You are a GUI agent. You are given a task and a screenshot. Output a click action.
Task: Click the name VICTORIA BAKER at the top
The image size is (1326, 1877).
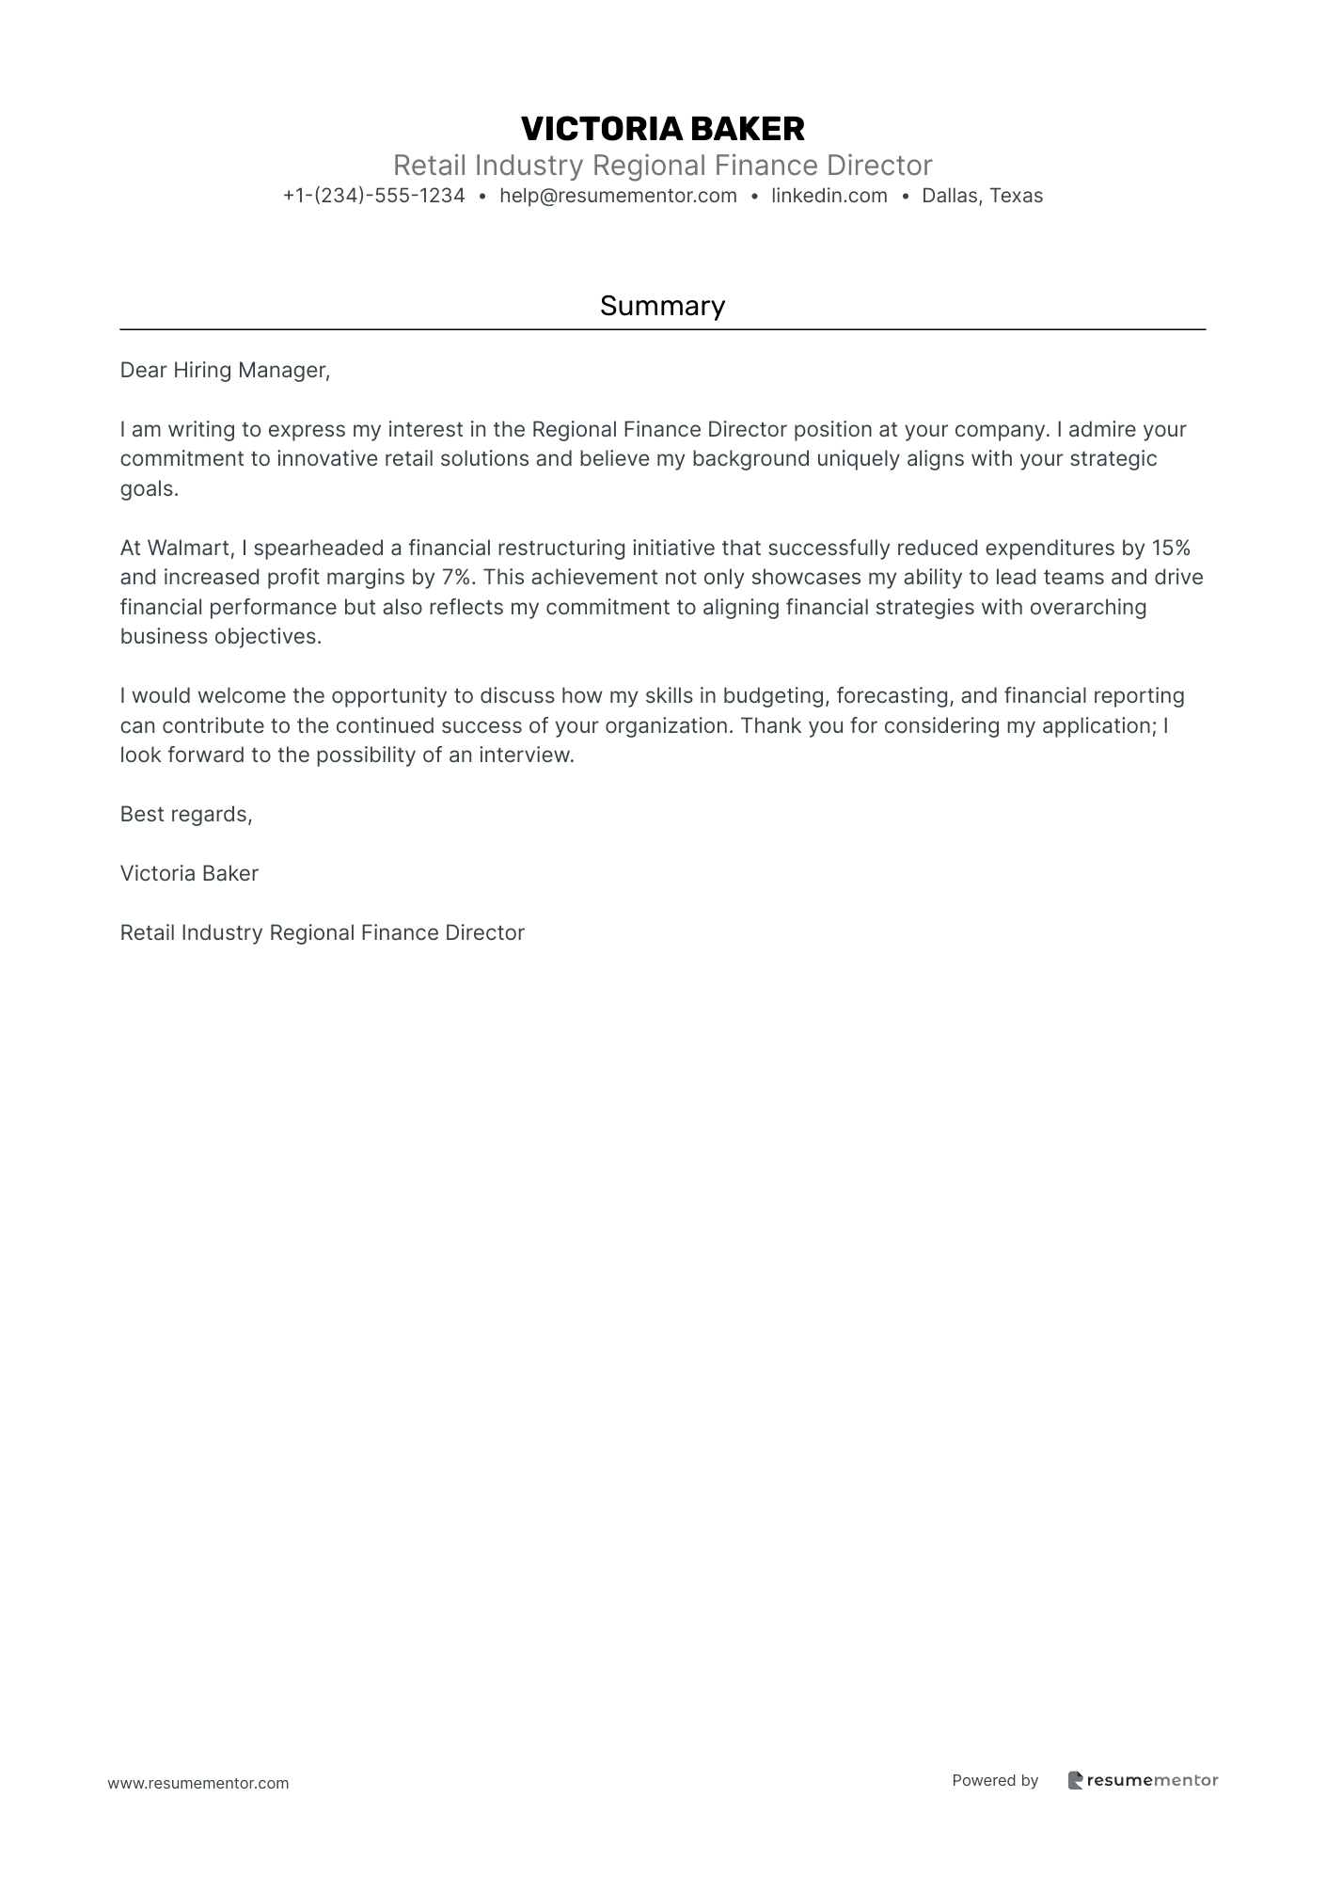(662, 129)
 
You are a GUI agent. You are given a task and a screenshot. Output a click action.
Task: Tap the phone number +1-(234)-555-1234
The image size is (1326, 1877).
(373, 196)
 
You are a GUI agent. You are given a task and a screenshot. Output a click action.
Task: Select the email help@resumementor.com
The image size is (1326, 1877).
(618, 196)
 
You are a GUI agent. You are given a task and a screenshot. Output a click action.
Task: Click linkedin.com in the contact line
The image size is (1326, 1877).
(829, 196)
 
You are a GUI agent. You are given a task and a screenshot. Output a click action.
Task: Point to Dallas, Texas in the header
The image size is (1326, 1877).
(982, 196)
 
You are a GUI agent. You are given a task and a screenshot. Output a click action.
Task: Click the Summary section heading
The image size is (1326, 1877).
(662, 306)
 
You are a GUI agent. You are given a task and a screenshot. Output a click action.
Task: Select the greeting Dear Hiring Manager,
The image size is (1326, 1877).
(225, 371)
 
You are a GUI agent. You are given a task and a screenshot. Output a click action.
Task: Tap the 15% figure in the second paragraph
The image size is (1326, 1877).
(1170, 548)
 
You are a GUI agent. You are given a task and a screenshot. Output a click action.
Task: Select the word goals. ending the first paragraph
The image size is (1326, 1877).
(149, 489)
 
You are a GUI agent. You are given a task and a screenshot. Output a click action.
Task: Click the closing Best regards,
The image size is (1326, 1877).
(186, 815)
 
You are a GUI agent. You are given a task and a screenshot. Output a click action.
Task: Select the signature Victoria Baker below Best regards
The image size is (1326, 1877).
(189, 874)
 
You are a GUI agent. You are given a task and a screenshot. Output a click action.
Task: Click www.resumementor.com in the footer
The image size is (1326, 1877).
(198, 1783)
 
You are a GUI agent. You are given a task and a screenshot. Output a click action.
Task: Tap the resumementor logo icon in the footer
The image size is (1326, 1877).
(1075, 1780)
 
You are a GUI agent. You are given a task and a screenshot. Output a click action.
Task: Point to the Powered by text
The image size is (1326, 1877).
(995, 1780)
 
